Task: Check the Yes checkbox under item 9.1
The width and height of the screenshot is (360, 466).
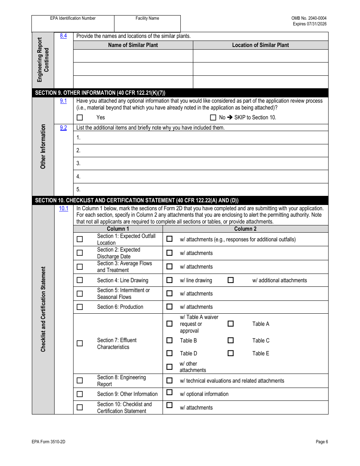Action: [x=80, y=117]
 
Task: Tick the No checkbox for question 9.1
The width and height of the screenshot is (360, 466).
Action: [x=213, y=117]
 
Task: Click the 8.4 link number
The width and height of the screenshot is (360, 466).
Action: [x=63, y=36]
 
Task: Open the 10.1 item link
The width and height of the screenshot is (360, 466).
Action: [x=64, y=208]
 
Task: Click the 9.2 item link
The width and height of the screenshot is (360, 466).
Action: [x=63, y=128]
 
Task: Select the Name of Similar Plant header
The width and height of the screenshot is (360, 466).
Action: [x=133, y=45]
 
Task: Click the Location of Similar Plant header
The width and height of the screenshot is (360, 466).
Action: [x=260, y=45]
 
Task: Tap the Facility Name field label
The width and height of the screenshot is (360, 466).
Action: [x=147, y=18]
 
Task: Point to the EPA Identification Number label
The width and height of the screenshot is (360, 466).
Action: [x=73, y=18]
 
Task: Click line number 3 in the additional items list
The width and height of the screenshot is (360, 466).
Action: [x=78, y=163]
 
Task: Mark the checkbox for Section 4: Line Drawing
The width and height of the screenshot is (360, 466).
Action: [x=80, y=280]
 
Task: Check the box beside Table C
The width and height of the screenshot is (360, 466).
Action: [x=230, y=340]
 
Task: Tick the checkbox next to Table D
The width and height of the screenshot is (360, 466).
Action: [x=169, y=353]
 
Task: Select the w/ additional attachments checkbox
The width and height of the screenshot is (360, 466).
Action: [x=230, y=280]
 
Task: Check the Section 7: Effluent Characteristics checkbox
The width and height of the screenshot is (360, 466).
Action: [x=80, y=343]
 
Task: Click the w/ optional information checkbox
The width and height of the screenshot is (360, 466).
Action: [x=169, y=393]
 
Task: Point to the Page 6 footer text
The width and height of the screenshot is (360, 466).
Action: [x=322, y=442]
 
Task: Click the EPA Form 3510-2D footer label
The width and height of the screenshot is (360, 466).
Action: [x=46, y=442]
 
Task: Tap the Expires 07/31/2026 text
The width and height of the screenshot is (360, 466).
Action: [x=309, y=24]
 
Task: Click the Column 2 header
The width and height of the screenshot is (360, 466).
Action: [x=245, y=229]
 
